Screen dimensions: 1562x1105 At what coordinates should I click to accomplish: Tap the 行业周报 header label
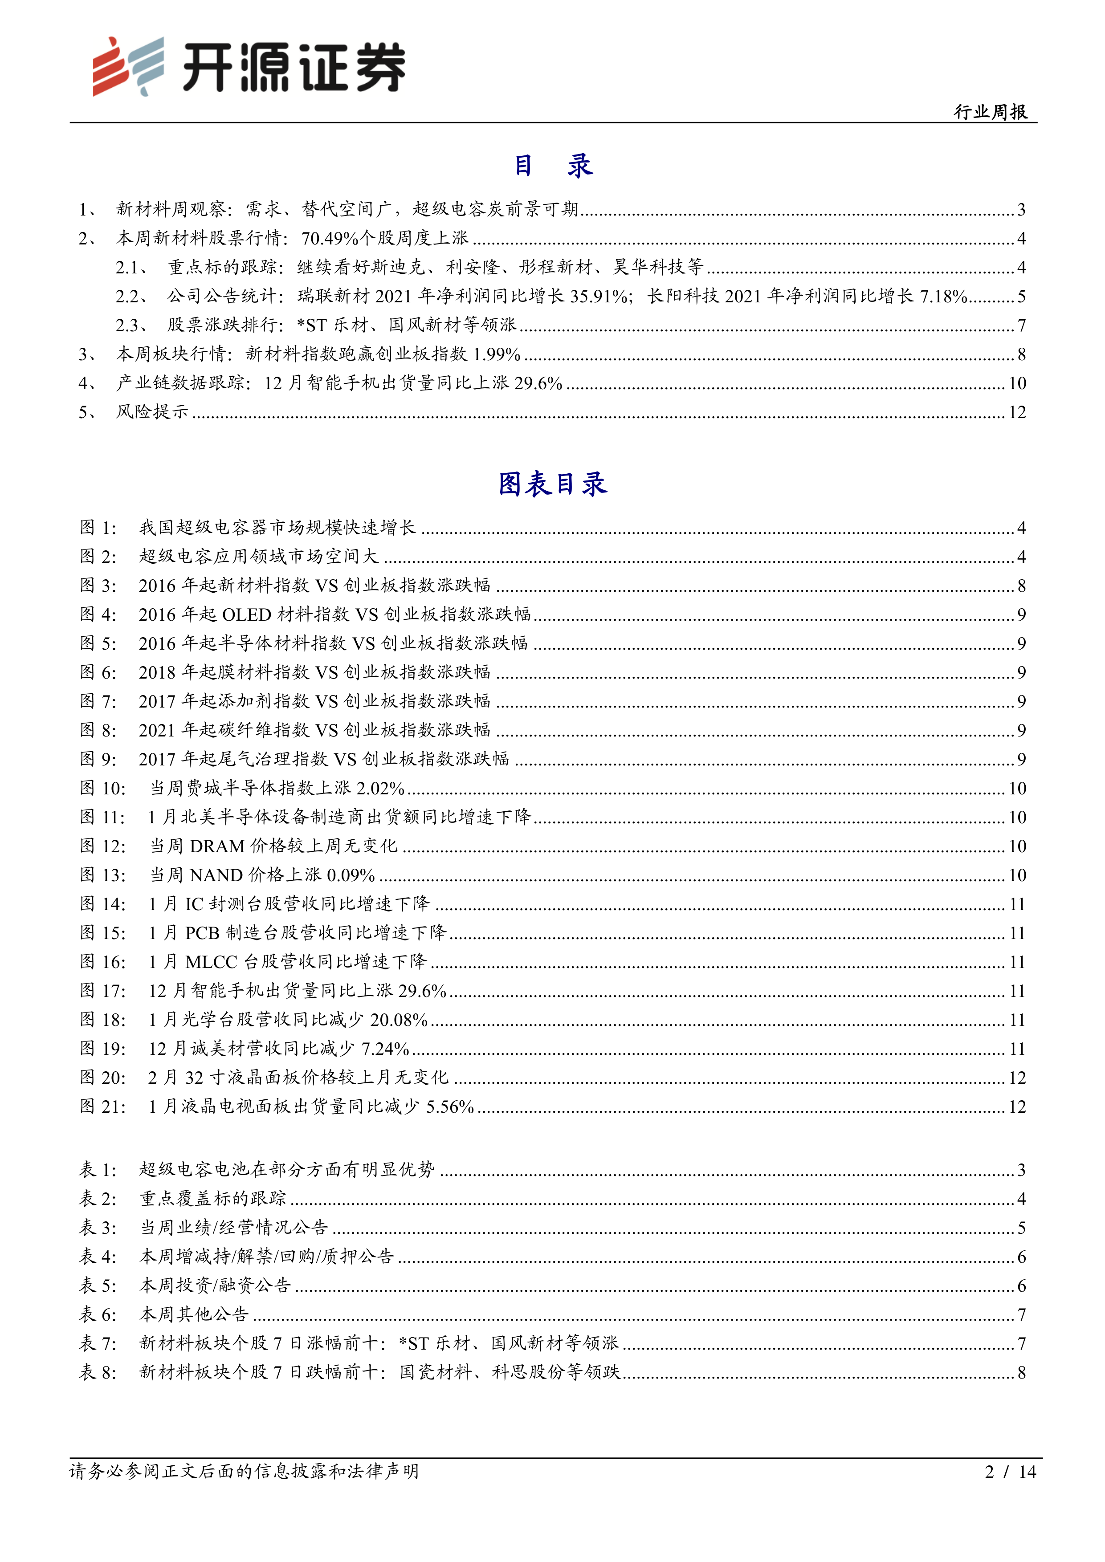pos(990,112)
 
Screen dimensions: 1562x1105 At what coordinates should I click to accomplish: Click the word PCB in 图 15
pos(202,933)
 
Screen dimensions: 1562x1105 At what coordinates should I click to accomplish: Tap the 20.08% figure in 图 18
pos(399,1020)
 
